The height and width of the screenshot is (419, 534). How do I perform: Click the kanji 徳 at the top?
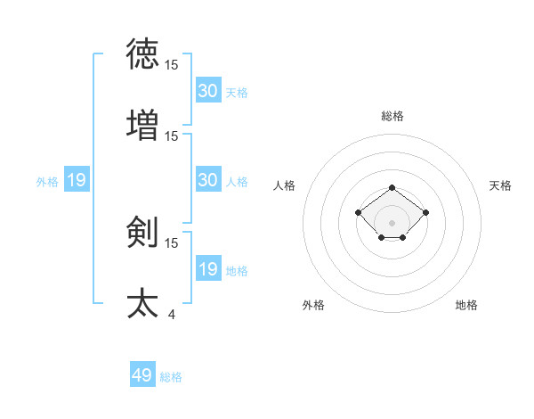(x=142, y=54)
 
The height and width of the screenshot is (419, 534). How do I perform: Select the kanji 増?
(x=142, y=126)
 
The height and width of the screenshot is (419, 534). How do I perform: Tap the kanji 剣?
(x=142, y=233)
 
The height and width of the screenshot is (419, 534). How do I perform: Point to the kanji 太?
(x=142, y=303)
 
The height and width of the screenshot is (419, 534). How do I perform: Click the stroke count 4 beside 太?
(x=172, y=314)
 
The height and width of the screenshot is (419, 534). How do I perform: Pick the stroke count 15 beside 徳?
(x=172, y=64)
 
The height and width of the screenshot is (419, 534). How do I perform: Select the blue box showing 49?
(x=142, y=375)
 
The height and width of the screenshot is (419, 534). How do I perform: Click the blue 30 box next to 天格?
(x=207, y=90)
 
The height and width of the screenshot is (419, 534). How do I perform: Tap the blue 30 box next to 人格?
(x=207, y=180)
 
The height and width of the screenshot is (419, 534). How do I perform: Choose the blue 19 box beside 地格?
(x=207, y=269)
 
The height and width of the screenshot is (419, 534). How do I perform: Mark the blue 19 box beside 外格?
(x=77, y=181)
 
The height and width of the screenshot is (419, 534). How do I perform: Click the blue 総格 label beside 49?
(x=171, y=377)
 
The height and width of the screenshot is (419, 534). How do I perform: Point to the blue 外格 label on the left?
(x=47, y=182)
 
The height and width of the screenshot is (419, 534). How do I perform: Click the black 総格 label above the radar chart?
(x=392, y=117)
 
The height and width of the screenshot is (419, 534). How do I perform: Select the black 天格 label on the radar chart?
(x=501, y=185)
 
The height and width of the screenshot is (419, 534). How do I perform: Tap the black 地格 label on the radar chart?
(x=466, y=306)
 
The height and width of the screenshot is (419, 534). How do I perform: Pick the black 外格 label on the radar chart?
(x=313, y=306)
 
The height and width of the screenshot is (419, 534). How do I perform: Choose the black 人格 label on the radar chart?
(x=285, y=185)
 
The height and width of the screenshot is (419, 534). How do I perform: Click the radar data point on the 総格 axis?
(x=392, y=188)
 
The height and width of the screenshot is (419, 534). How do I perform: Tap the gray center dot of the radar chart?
(x=392, y=223)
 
